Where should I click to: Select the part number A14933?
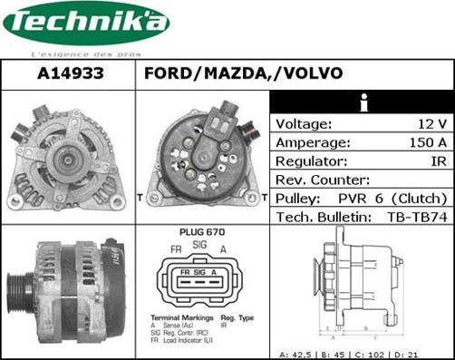pyautogui.click(x=70, y=73)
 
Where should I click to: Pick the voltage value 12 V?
pyautogui.click(x=431, y=124)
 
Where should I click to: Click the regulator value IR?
pyautogui.click(x=438, y=161)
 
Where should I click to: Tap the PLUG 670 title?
pyautogui.click(x=202, y=232)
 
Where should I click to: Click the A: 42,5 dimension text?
pyautogui.click(x=297, y=354)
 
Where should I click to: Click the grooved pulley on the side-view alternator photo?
pyautogui.click(x=19, y=292)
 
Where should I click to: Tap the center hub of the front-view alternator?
pyautogui.click(x=66, y=162)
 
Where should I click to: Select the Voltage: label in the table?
pyautogui.click(x=304, y=124)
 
